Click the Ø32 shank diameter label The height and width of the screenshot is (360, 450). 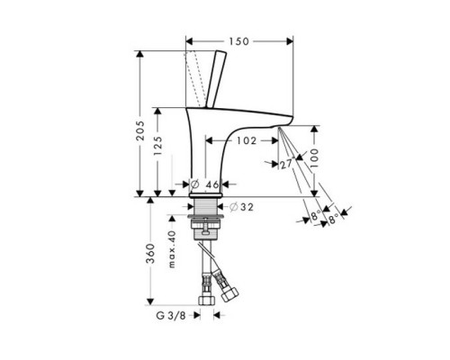[239, 207]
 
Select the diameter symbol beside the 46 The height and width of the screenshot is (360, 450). [195, 184]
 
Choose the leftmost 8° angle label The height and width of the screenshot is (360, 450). [314, 216]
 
